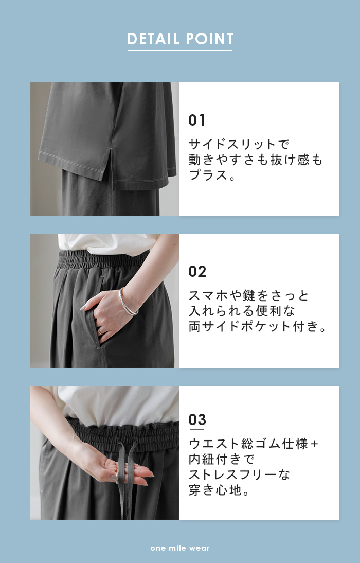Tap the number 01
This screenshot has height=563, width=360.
[196, 120]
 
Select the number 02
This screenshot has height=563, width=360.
[197, 271]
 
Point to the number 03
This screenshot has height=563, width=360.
[197, 419]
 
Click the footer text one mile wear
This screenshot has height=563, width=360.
[180, 548]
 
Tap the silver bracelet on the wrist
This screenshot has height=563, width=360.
[128, 303]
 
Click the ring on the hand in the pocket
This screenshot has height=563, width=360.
[100, 332]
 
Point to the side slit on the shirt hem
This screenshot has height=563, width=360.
[112, 164]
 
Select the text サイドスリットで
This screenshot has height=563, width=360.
[239, 144]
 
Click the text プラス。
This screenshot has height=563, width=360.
[212, 175]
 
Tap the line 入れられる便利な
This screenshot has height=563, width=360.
[242, 311]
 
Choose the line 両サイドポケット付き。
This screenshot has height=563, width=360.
[257, 326]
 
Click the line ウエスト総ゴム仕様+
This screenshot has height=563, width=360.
[254, 444]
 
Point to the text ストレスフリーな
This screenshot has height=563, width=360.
[239, 474]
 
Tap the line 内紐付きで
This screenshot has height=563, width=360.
[222, 459]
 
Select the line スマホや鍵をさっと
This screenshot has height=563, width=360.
[248, 295]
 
